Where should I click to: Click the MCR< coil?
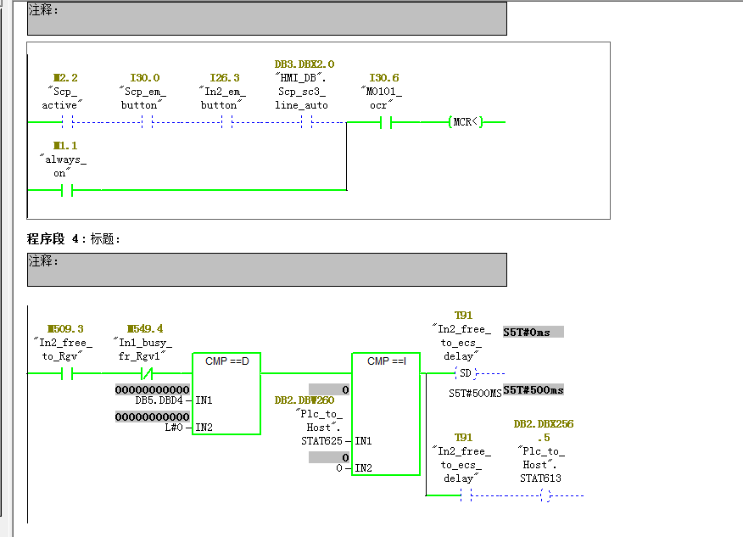[466, 122]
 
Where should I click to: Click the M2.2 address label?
[65, 78]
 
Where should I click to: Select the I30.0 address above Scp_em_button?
[145, 78]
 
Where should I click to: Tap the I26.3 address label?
[225, 78]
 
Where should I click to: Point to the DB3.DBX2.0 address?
[304, 64]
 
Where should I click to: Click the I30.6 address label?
[384, 78]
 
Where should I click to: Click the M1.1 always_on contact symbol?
[67, 191]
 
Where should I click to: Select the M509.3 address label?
[65, 329]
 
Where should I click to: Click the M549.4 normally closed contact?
[147, 374]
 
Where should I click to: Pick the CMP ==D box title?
[227, 361]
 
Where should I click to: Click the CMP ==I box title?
[387, 361]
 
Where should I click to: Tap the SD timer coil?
[466, 373]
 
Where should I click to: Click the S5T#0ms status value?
[534, 333]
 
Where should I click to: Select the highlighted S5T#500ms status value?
[534, 390]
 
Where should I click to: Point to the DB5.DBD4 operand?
[159, 400]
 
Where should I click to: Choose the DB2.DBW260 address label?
[304, 400]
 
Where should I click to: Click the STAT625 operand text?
[321, 441]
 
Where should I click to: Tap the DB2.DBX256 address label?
[544, 423]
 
